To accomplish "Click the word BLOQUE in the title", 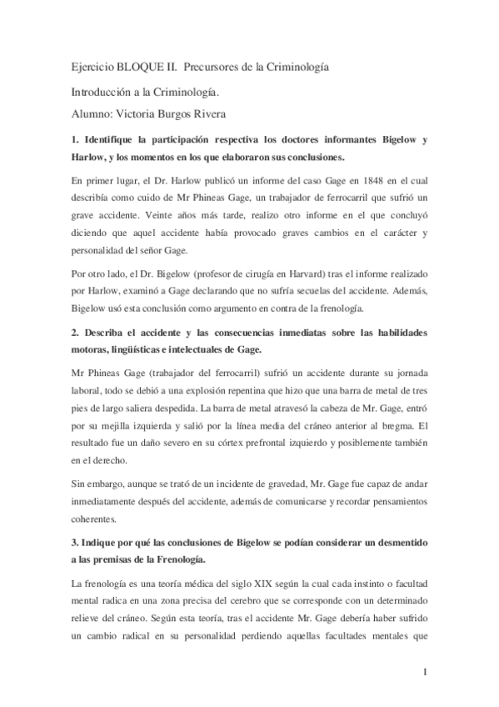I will pos(139,66).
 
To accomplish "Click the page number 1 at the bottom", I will pos(425,671).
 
